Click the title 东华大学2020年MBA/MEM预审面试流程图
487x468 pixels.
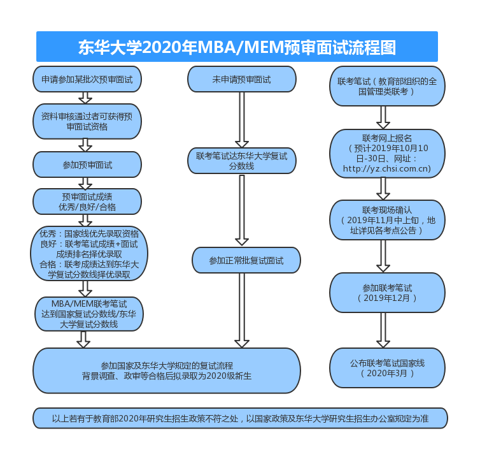tap(237, 47)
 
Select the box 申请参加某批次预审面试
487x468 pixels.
tap(87, 80)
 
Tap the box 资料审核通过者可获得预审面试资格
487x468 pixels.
tap(87, 121)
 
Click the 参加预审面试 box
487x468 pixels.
tap(87, 165)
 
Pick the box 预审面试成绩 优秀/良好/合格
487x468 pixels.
tap(87, 201)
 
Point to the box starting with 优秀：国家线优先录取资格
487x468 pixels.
tap(89, 254)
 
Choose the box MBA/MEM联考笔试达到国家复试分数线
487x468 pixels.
tap(89, 314)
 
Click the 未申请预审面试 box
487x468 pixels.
tap(241, 80)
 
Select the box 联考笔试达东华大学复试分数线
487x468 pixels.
tap(241, 161)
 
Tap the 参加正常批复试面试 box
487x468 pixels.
tap(246, 260)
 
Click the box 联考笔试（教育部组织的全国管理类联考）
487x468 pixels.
tap(386, 86)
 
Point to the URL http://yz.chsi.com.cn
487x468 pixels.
tap(386, 169)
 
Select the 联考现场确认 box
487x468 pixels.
tap(386, 219)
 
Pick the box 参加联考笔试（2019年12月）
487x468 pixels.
tap(386, 293)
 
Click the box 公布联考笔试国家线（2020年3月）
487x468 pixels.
tap(386, 368)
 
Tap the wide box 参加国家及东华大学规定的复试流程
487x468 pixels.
tap(167, 370)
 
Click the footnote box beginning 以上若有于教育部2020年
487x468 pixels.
tap(240, 419)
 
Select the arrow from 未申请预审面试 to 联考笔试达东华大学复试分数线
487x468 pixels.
tap(242, 120)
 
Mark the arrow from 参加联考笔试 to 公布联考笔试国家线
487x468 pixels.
tap(383, 330)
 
